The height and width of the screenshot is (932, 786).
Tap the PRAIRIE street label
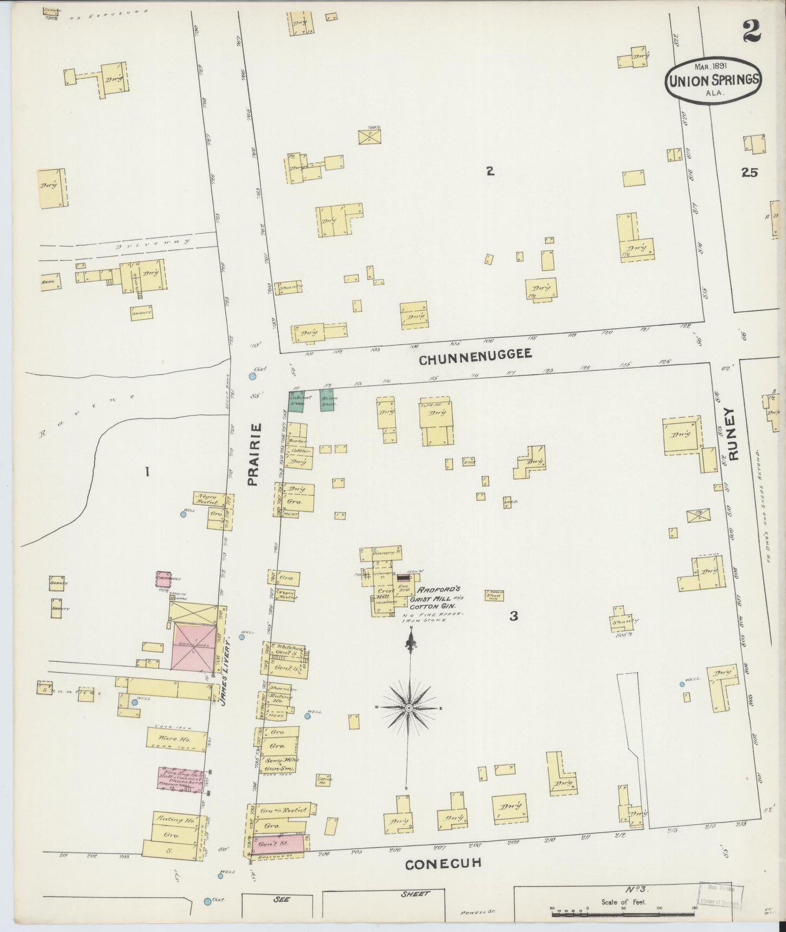coord(254,454)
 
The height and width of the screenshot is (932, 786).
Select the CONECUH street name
coord(443,863)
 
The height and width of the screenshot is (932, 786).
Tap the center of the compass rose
coord(409,707)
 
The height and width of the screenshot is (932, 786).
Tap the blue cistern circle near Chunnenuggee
coord(252,376)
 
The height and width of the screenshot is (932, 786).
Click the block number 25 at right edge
coord(749,172)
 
